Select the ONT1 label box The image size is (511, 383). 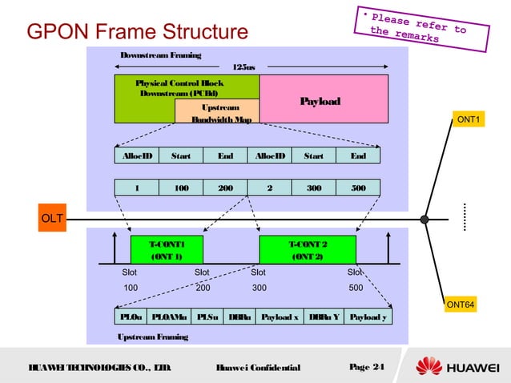tap(467, 120)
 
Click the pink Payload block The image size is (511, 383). tap(320, 101)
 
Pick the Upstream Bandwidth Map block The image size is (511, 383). tap(216, 113)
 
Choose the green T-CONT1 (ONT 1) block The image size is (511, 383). tap(167, 250)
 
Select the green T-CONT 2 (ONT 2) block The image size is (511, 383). tap(308, 250)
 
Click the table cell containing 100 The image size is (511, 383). tap(181, 188)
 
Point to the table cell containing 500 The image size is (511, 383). tap(358, 188)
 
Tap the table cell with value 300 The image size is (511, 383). tap(314, 188)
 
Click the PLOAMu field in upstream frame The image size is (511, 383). tap(169, 316)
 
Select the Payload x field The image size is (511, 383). tap(280, 316)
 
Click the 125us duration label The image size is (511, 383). tap(243, 67)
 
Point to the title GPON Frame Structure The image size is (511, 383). tap(138, 33)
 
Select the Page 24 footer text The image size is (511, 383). tap(368, 367)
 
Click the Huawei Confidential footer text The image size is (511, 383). tap(258, 368)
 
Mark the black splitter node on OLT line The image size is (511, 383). tap(425, 219)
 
